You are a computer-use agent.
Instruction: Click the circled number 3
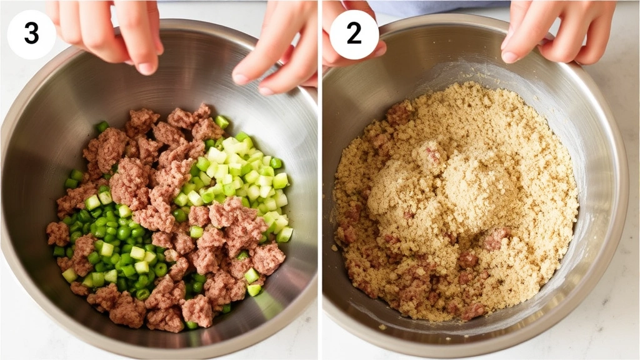[x=31, y=34]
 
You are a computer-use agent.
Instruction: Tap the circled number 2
[x=354, y=34]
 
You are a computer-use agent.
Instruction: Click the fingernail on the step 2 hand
[x=510, y=56]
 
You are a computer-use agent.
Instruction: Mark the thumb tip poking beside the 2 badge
[x=379, y=49]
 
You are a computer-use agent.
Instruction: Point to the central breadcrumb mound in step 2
[x=437, y=187]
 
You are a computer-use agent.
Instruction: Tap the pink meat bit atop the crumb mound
[x=431, y=153]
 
